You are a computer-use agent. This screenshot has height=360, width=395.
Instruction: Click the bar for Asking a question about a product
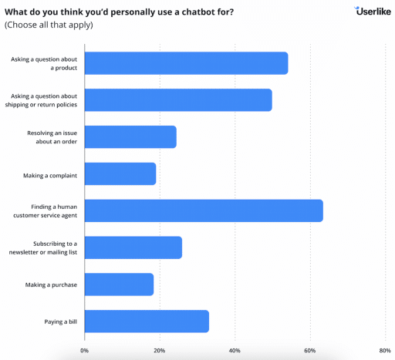pos(186,63)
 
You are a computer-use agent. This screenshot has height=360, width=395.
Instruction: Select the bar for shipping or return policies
pos(178,100)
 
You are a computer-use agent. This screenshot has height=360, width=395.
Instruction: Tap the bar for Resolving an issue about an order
pos(130,137)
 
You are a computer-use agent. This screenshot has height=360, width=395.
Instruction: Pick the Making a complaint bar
pos(120,174)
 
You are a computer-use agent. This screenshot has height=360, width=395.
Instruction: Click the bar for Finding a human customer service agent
pos(204,210)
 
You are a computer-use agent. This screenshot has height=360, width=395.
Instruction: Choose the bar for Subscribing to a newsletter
pos(133,247)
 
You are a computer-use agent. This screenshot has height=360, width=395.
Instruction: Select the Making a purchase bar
pos(119,284)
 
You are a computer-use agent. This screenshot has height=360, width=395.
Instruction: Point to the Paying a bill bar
pos(147,321)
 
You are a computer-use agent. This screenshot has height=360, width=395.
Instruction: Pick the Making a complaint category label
pos(50,174)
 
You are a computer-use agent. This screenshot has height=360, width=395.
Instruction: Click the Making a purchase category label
pos(51,284)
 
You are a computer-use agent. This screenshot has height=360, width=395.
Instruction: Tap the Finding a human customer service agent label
pos(45,210)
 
